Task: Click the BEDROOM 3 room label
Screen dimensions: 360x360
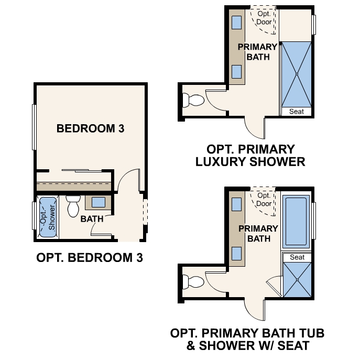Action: [x=91, y=128]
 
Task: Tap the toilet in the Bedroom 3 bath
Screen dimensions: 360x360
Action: [x=73, y=206]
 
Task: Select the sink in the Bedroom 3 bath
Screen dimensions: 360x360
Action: [x=99, y=202]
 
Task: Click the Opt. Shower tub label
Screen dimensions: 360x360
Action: [x=48, y=217]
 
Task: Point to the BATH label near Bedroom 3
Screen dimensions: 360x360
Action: [x=92, y=219]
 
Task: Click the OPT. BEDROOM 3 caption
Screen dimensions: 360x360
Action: [x=90, y=258]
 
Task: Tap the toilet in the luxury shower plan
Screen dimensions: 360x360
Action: [x=193, y=100]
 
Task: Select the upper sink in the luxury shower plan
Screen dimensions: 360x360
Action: [x=236, y=23]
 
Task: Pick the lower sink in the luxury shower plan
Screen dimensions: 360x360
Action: [x=236, y=72]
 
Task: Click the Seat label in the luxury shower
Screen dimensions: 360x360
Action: [x=297, y=112]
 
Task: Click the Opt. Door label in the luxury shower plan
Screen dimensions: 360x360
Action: [x=264, y=18]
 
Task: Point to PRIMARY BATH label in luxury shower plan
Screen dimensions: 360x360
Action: [x=258, y=52]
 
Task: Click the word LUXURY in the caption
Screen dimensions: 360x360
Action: [x=221, y=161]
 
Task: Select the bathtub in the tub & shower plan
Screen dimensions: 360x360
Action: [x=296, y=222]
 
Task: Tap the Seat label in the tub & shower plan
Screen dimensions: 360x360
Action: [x=297, y=257]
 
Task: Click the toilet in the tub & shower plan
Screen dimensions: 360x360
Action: [x=193, y=282]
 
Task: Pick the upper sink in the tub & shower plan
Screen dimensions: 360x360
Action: [x=236, y=204]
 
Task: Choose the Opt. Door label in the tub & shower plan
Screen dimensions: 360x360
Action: [x=264, y=200]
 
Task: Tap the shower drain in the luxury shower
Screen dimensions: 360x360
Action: [x=297, y=74]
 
